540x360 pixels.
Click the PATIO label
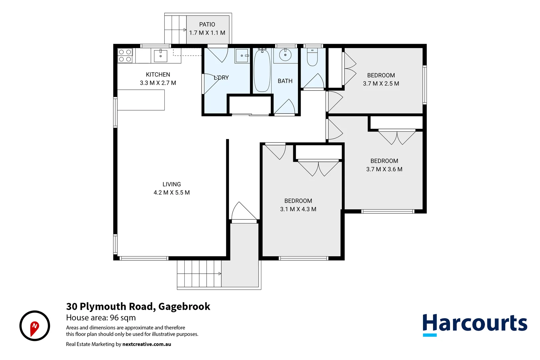pos(207,24)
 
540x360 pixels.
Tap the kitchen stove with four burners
pos(125,56)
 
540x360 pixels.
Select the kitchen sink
pos(161,55)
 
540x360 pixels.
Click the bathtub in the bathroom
pos(262,70)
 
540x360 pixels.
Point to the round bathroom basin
pos(285,55)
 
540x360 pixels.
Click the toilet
pos(312,58)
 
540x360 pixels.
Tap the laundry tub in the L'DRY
pos(242,56)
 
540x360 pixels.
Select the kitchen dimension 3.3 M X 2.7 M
pos(158,83)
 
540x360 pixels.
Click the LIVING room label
pos(172,184)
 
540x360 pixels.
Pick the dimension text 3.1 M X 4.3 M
pos(298,209)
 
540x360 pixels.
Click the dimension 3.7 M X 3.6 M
pos(384,169)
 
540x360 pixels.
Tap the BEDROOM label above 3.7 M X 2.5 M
pos(381,75)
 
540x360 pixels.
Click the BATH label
pos(285,81)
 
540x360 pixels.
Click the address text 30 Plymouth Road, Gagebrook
pos(138,306)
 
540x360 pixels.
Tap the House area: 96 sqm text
pos(101,318)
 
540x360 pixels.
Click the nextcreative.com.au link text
pos(147,344)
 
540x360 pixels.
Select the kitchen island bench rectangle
pos(141,100)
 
